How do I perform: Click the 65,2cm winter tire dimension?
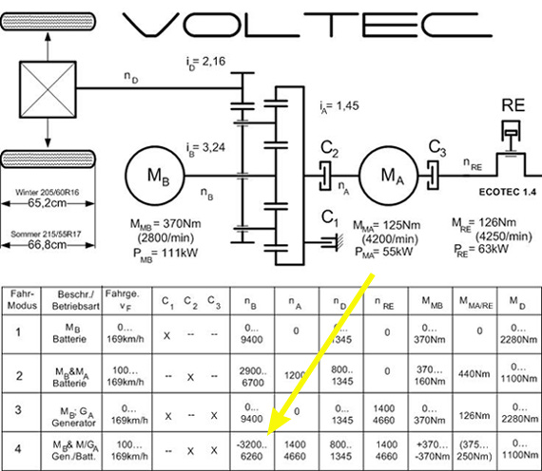click(x=48, y=203)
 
